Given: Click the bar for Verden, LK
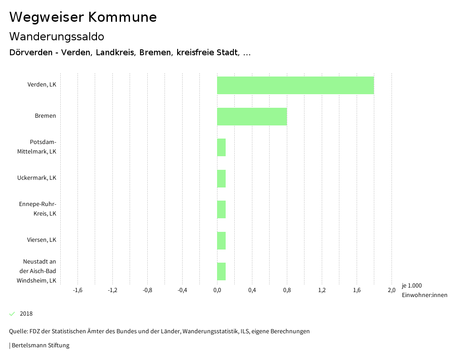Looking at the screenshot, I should pyautogui.click(x=295, y=85).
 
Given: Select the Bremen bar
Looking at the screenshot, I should pyautogui.click(x=252, y=116).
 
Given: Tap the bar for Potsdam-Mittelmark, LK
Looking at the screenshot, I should pyautogui.click(x=221, y=147).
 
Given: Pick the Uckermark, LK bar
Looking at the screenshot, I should pyautogui.click(x=221, y=178).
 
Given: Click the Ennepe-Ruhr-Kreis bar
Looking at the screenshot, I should pyautogui.click(x=221, y=209).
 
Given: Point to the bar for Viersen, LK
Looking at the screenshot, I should pyautogui.click(x=221, y=240).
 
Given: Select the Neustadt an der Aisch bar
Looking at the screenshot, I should pyautogui.click(x=221, y=271).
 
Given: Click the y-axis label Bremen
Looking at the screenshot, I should pyautogui.click(x=45, y=116).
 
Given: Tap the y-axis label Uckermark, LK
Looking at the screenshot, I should pyautogui.click(x=37, y=178).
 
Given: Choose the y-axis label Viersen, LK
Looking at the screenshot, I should pyautogui.click(x=41, y=240).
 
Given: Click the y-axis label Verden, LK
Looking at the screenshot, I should pyautogui.click(x=42, y=85).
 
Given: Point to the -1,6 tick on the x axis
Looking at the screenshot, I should pyautogui.click(x=77, y=290).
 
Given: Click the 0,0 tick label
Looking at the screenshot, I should pyautogui.click(x=217, y=290).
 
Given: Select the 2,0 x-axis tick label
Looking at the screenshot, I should pyautogui.click(x=391, y=290).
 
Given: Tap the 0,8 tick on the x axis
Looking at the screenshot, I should pyautogui.click(x=287, y=290).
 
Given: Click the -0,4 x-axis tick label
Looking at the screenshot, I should pyautogui.click(x=182, y=290).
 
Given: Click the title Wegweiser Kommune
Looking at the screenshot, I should pyautogui.click(x=83, y=17).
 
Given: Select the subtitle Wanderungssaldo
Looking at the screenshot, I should pyautogui.click(x=57, y=36).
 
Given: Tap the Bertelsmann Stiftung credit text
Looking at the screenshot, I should pyautogui.click(x=40, y=346).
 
